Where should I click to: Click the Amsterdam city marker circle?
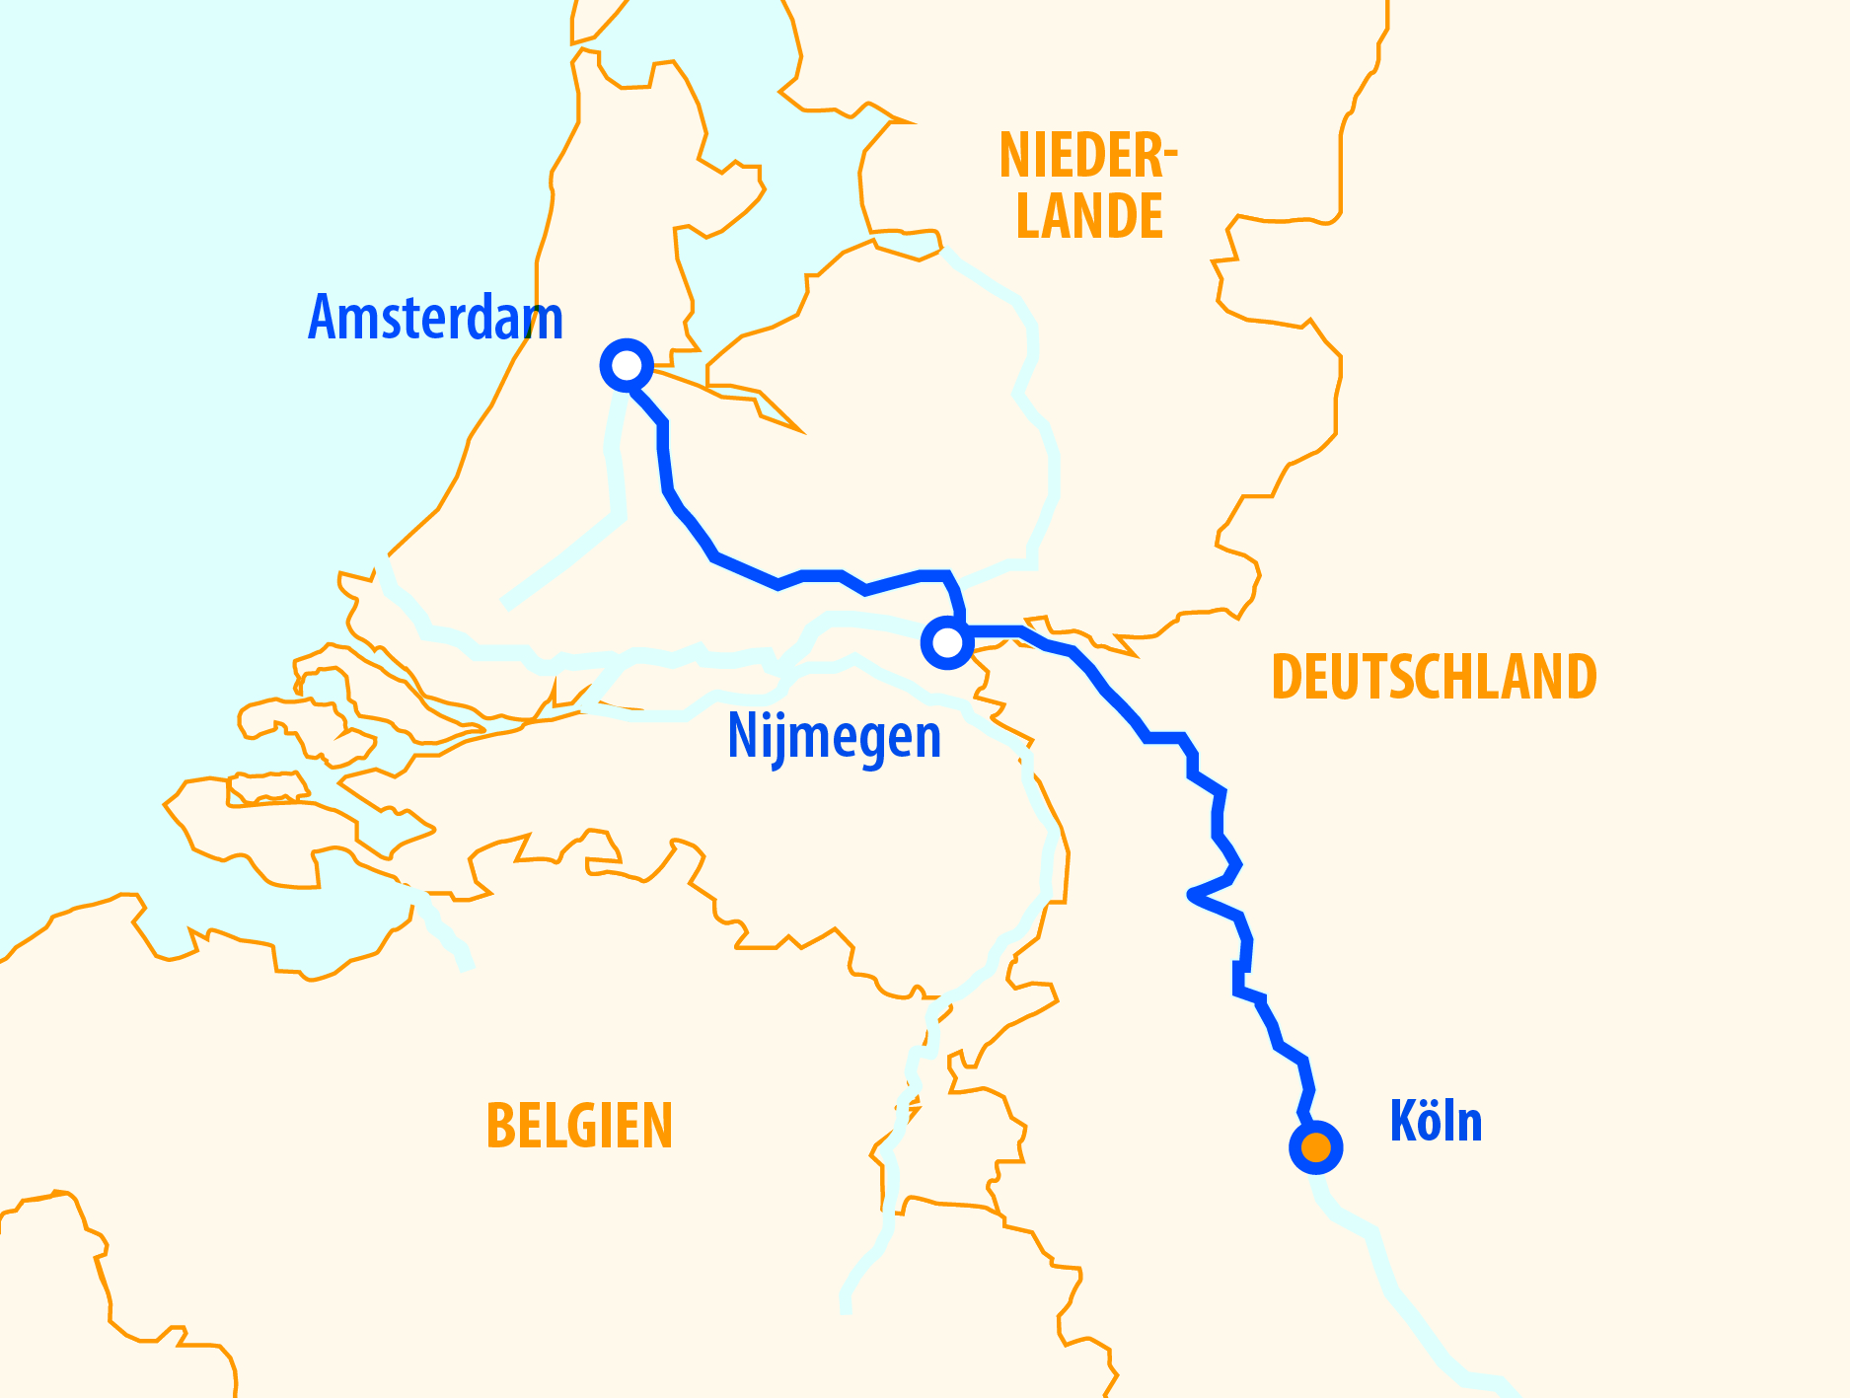(627, 366)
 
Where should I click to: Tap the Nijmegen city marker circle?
(947, 643)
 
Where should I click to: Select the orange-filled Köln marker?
(1316, 1147)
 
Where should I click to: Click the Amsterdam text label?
(435, 318)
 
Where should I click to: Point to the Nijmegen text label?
(834, 737)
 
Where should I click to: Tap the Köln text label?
(1436, 1122)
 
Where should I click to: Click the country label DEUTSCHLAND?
(1434, 677)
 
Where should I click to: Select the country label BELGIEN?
(579, 1126)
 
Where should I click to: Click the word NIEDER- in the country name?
(1087, 156)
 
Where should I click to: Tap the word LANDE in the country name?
(1089, 217)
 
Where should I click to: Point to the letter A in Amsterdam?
(323, 318)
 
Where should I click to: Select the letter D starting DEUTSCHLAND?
(1288, 677)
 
